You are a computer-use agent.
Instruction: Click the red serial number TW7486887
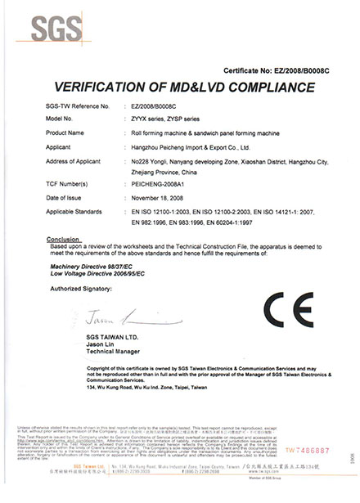[x=308, y=473]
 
